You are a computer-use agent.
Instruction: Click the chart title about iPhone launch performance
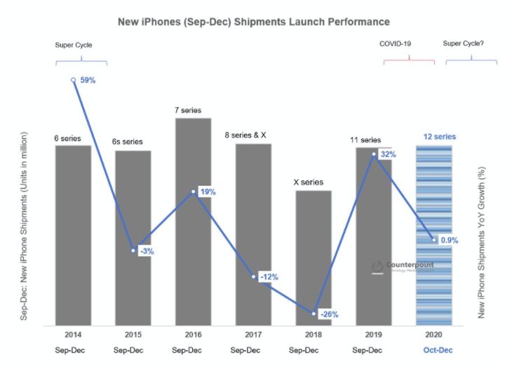coord(253,22)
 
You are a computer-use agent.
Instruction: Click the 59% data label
coord(88,80)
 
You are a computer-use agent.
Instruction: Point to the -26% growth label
coord(328,313)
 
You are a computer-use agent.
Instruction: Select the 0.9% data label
coord(450,240)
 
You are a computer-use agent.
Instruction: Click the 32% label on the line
coord(389,154)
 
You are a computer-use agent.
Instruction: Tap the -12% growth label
coord(269,277)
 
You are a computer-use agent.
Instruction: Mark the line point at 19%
coord(194,191)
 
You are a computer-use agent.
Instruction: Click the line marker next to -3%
coord(133,251)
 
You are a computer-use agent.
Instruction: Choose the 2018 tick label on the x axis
coord(314,335)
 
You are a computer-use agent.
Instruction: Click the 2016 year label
coord(193,335)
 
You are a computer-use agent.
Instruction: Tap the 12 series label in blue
coord(440,136)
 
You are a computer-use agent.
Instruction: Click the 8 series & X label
coord(245,135)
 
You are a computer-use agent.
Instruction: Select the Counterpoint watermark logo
coord(403,266)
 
